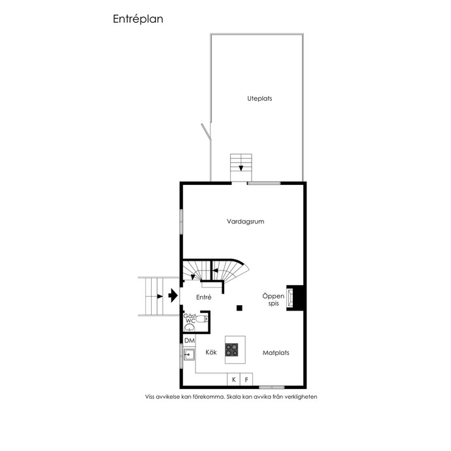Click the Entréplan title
(x=138, y=19)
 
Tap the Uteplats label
(x=259, y=99)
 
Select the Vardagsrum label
(x=245, y=222)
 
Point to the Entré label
(x=204, y=297)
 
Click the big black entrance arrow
(x=173, y=295)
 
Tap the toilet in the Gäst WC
(x=203, y=319)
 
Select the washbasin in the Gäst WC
(x=189, y=327)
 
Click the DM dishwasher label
(x=190, y=341)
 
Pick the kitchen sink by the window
(x=189, y=354)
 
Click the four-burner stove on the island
(x=231, y=350)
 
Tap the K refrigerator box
(x=233, y=380)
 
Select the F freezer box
(x=246, y=380)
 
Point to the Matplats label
(x=276, y=353)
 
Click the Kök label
(x=211, y=352)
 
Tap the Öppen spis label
(x=273, y=299)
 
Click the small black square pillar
(x=239, y=308)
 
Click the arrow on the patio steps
(x=241, y=168)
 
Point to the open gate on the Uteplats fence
(x=206, y=132)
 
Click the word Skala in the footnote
(x=233, y=397)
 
